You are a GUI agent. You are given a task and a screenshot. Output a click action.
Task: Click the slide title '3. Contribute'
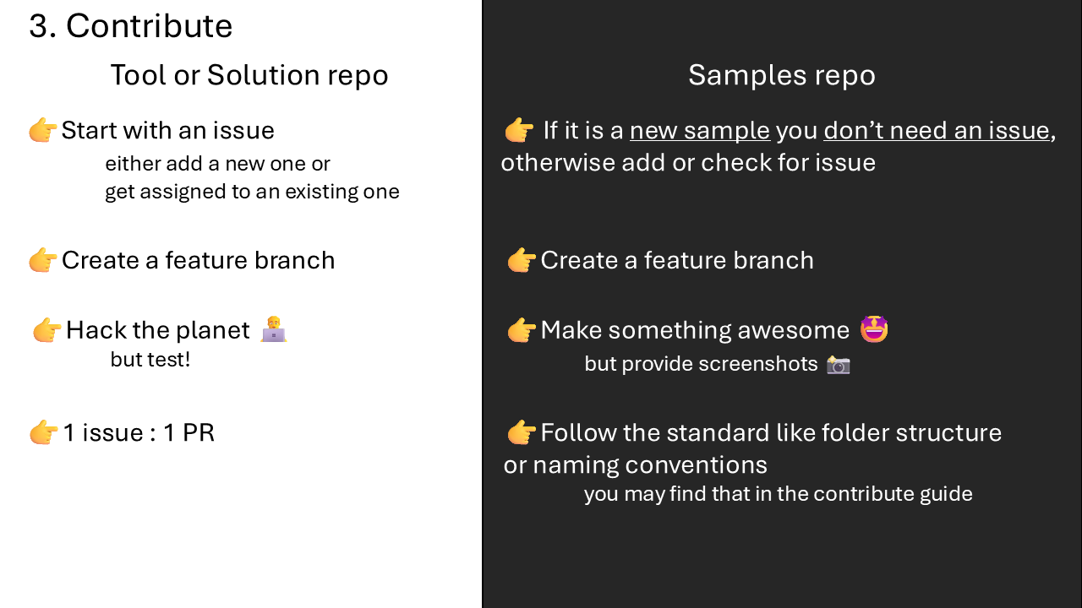[130, 25]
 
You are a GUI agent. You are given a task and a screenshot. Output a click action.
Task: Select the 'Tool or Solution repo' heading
[249, 75]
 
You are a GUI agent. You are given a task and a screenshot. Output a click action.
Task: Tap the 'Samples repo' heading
[782, 75]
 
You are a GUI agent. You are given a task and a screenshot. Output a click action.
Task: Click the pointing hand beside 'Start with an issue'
[43, 130]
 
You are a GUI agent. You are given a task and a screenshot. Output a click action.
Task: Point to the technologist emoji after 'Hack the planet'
[274, 329]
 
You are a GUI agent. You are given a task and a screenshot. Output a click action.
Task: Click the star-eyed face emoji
[874, 329]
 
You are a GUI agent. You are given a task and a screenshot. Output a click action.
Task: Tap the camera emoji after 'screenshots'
[838, 364]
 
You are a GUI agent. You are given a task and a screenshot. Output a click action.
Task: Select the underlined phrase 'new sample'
[700, 130]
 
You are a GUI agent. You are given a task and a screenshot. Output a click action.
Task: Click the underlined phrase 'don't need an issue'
[937, 130]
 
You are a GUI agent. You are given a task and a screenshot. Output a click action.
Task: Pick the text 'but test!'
[150, 360]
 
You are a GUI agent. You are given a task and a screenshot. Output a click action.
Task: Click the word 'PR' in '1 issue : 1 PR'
[199, 432]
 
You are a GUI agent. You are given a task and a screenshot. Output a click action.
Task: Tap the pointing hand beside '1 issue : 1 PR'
[44, 432]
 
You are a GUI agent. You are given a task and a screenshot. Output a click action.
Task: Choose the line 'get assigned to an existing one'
[252, 192]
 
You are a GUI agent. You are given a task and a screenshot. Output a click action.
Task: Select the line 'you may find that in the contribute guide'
[779, 495]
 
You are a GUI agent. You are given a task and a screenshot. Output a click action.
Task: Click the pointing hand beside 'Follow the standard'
[522, 432]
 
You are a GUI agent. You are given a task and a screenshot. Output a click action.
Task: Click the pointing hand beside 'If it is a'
[519, 130]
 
